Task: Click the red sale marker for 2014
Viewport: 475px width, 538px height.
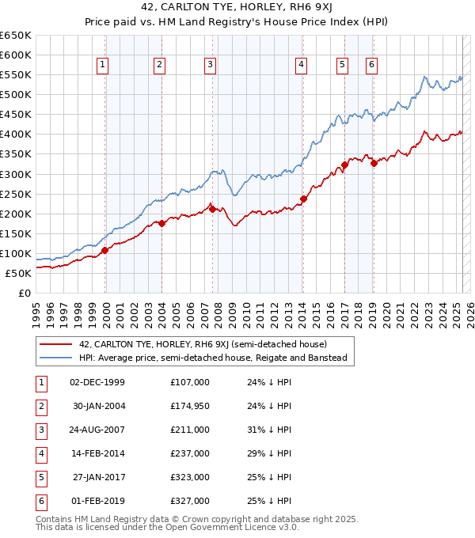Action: [303, 199]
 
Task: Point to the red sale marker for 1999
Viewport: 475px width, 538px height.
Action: [104, 250]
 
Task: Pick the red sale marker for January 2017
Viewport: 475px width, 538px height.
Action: [344, 165]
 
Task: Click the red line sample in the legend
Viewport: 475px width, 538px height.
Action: [56, 344]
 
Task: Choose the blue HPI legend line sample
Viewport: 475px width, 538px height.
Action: [56, 358]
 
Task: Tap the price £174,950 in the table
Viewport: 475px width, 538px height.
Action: [190, 406]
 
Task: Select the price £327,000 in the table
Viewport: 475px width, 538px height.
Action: [190, 501]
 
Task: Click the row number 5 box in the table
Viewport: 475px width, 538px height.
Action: [40, 477]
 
